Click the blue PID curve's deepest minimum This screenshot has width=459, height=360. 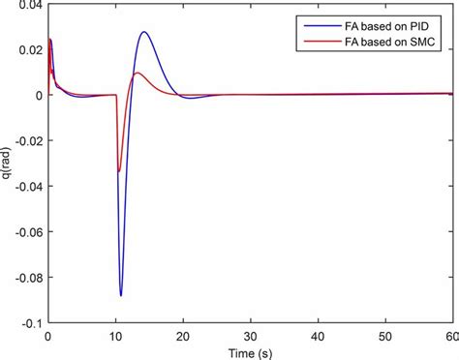pyautogui.click(x=121, y=295)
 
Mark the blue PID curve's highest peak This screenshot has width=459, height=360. pyautogui.click(x=144, y=32)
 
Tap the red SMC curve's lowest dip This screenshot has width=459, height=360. pyautogui.click(x=119, y=171)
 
